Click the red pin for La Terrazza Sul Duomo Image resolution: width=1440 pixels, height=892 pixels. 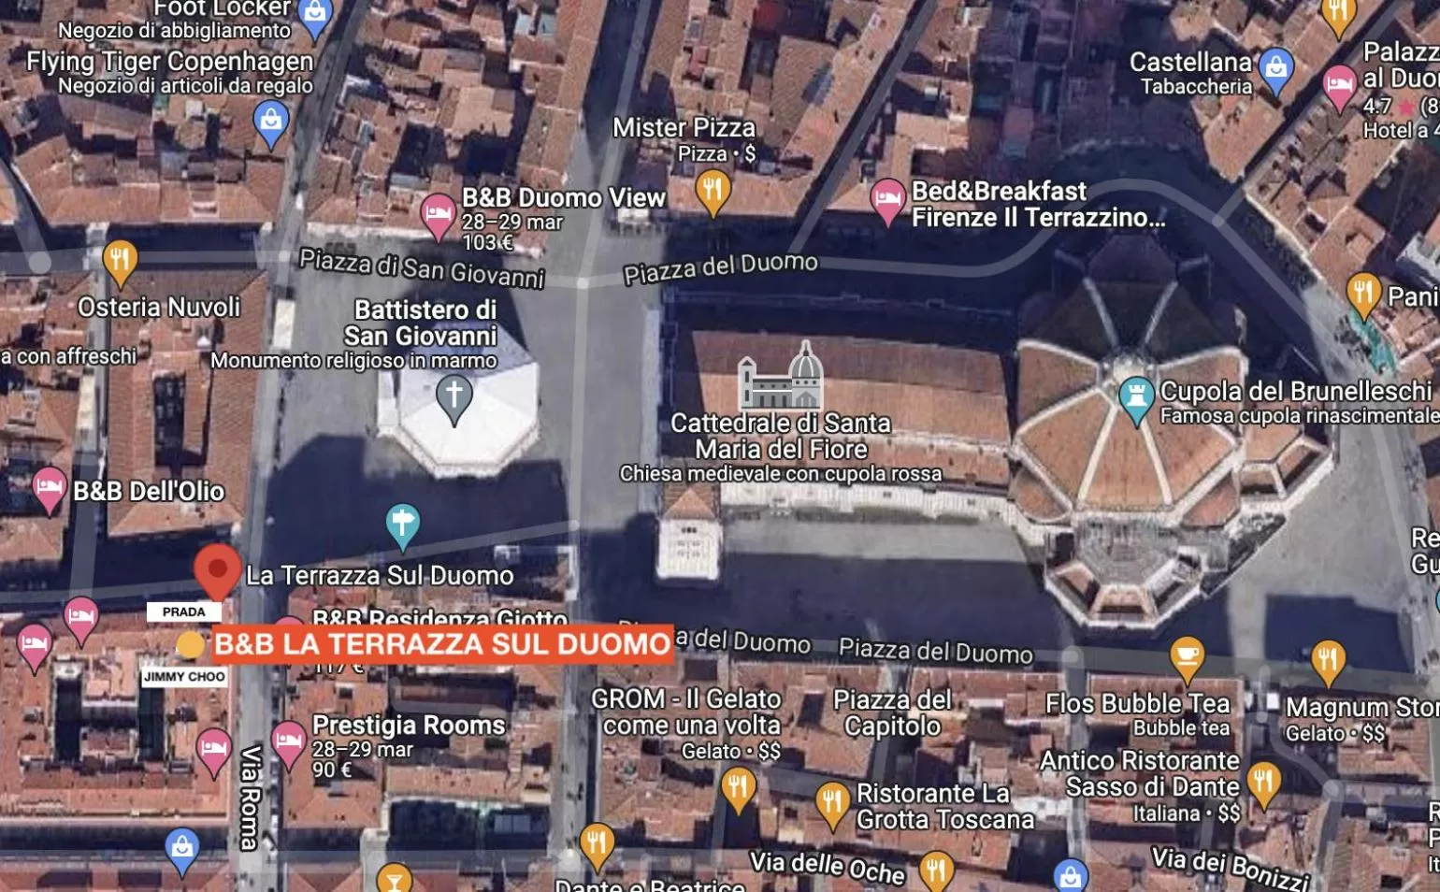click(217, 568)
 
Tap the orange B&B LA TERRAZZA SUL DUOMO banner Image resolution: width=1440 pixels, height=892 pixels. click(442, 644)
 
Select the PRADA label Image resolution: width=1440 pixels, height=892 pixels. click(183, 611)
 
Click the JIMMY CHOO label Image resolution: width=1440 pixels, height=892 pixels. click(184, 676)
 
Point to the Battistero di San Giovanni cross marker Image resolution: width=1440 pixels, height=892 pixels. click(454, 396)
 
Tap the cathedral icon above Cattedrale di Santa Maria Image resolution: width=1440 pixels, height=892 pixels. click(780, 376)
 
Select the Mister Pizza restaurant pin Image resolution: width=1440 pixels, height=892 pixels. click(713, 191)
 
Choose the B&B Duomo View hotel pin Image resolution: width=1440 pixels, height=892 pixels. click(438, 215)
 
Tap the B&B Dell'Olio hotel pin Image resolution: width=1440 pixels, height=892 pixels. click(49, 487)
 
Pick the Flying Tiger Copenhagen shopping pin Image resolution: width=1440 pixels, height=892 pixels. click(271, 122)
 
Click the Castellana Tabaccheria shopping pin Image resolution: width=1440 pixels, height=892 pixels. click(1275, 69)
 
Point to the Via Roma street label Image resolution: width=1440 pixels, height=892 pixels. click(250, 797)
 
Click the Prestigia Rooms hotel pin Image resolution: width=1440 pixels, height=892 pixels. click(289, 742)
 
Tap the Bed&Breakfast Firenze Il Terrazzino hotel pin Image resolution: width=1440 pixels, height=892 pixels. click(887, 199)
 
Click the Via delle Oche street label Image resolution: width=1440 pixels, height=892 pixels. click(827, 866)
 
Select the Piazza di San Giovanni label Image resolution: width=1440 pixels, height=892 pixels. click(422, 267)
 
